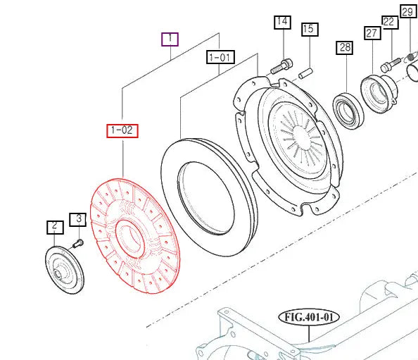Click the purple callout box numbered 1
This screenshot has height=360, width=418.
(170, 39)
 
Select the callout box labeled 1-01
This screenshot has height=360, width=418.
(220, 57)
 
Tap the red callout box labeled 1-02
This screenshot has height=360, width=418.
(122, 131)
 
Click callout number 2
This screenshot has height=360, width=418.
(55, 228)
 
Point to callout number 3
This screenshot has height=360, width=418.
(78, 220)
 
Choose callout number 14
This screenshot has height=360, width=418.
(283, 22)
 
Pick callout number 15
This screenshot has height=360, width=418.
(310, 29)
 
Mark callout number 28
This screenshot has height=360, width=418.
(344, 48)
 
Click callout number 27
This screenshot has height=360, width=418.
(372, 33)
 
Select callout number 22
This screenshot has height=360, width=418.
(391, 22)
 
